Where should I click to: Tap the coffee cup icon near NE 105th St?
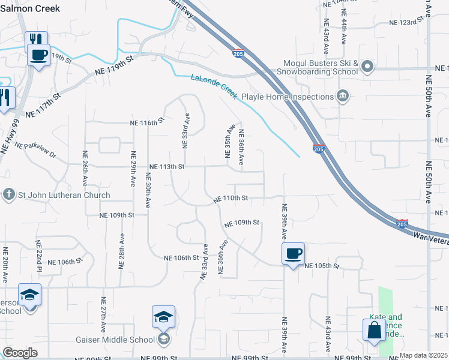pyautogui.click(x=293, y=253)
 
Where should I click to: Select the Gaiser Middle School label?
pyautogui.click(x=115, y=340)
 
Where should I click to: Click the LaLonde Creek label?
pyautogui.click(x=214, y=86)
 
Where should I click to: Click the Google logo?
pyautogui.click(x=20, y=353)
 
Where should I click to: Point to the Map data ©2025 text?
pyautogui.click(x=423, y=355)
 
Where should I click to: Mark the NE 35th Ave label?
pyautogui.click(x=229, y=142)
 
